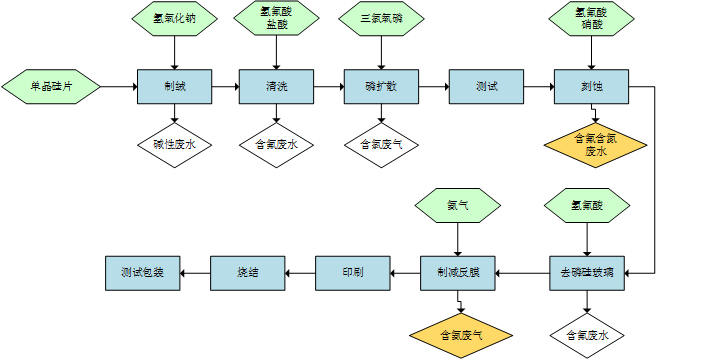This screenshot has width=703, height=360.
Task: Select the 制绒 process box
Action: coord(174,87)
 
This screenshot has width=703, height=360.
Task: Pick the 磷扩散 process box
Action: coord(381,87)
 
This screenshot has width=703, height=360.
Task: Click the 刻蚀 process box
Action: coord(591,87)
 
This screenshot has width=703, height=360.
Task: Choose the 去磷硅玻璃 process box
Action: coord(587,272)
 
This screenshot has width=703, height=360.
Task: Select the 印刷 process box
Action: coord(352,272)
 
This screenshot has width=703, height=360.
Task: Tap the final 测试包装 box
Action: coord(143,272)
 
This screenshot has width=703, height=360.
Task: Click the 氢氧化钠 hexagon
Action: coord(174,19)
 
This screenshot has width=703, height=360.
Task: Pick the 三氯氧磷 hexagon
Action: coord(381,19)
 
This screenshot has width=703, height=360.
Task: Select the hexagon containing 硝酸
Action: coord(590,19)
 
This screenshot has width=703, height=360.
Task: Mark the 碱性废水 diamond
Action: coord(174,144)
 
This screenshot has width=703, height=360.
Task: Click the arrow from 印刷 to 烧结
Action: coord(300,272)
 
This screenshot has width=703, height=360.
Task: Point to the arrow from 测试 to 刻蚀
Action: coord(539,87)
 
